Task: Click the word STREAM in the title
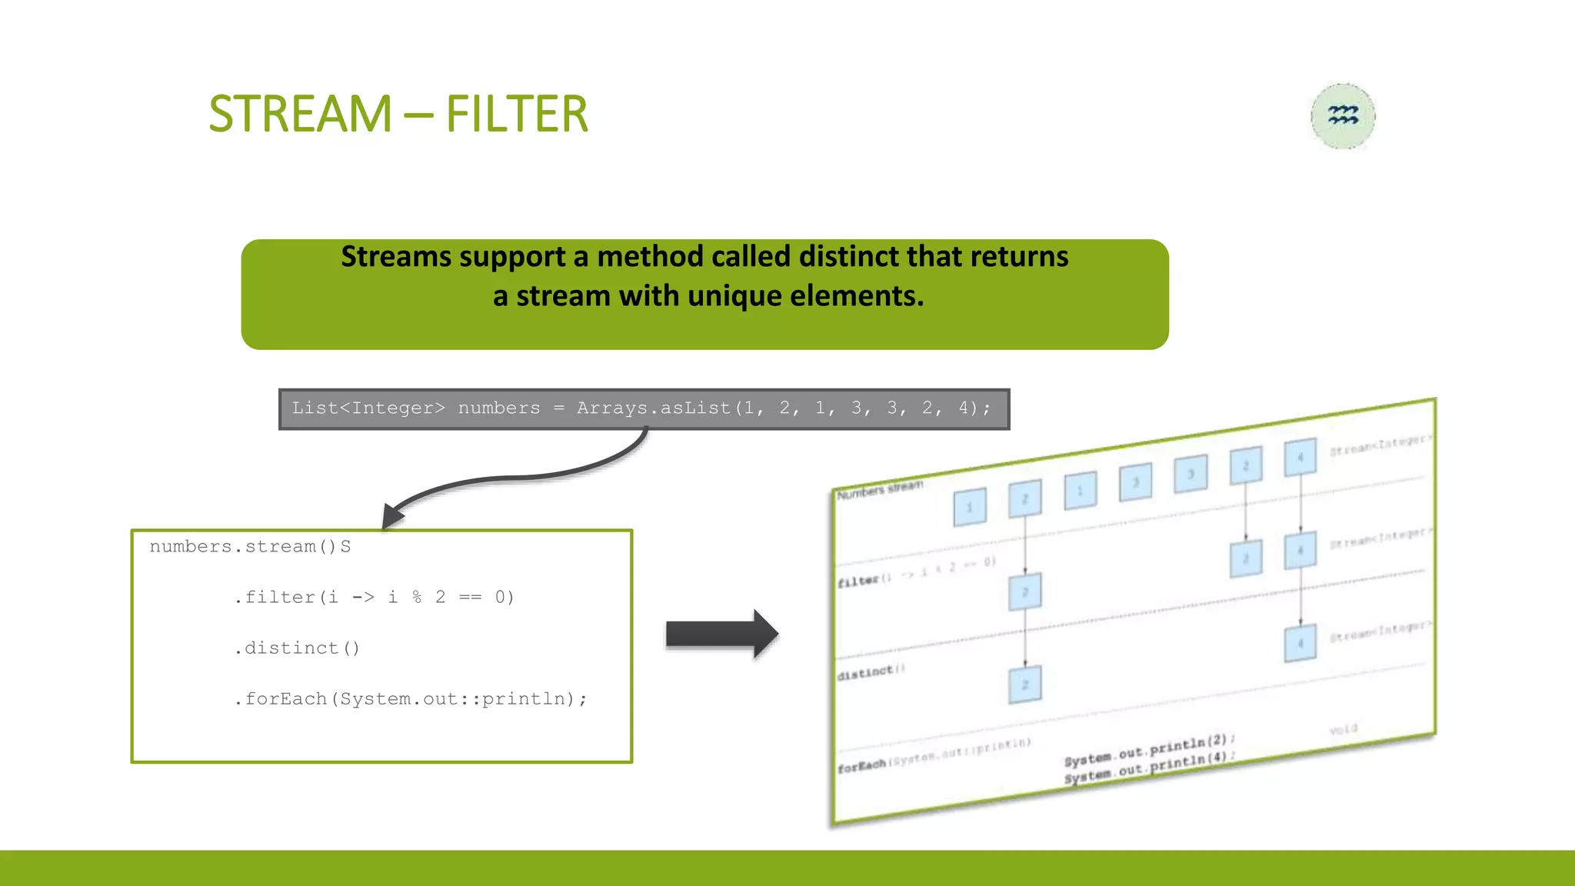click(300, 114)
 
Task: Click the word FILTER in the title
click(516, 114)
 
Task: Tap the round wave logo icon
click(1343, 116)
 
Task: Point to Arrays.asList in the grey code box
click(654, 408)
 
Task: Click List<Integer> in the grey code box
click(368, 408)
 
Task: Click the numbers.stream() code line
click(250, 546)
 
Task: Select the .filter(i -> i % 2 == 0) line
click(374, 597)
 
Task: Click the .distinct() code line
click(297, 648)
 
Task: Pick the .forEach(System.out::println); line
click(411, 698)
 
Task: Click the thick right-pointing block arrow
click(721, 634)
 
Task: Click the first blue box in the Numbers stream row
click(969, 507)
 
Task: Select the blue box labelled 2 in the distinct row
click(1024, 684)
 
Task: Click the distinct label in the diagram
click(865, 673)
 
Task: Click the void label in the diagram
click(1343, 729)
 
